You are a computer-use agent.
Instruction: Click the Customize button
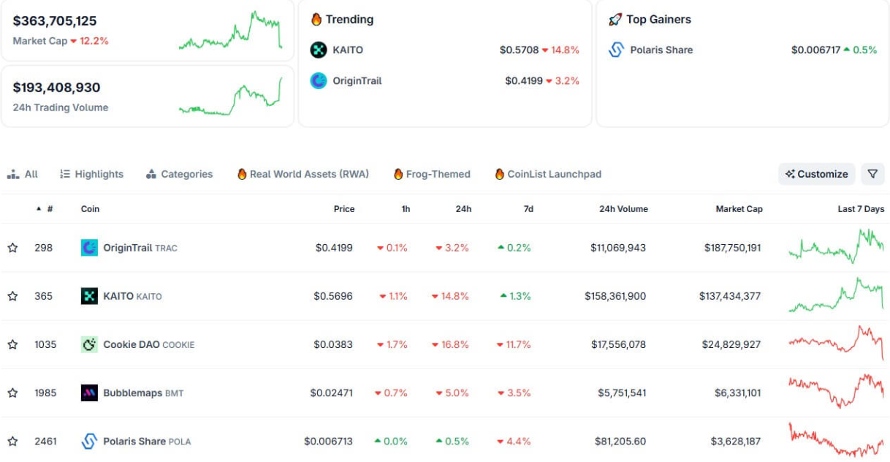(x=816, y=174)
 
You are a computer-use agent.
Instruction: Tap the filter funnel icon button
(x=872, y=174)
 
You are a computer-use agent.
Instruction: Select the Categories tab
(x=180, y=174)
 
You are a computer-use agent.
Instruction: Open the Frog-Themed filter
(x=432, y=174)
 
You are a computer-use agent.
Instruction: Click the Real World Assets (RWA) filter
(x=303, y=174)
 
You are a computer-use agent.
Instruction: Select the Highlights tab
(x=92, y=174)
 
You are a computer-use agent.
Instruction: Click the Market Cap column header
(x=739, y=209)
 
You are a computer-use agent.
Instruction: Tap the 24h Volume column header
(x=623, y=209)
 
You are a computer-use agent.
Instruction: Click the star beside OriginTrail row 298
(x=12, y=248)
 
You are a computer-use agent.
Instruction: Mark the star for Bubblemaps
(x=12, y=393)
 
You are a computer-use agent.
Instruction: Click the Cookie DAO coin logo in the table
(x=89, y=344)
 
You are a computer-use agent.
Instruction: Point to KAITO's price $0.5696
(x=333, y=296)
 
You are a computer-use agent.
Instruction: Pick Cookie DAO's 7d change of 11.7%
(x=514, y=344)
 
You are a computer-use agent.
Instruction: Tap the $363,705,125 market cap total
(x=55, y=21)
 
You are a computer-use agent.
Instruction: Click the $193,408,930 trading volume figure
(x=56, y=88)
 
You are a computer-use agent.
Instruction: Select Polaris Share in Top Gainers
(x=661, y=50)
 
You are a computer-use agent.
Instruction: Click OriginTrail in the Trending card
(x=357, y=80)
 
